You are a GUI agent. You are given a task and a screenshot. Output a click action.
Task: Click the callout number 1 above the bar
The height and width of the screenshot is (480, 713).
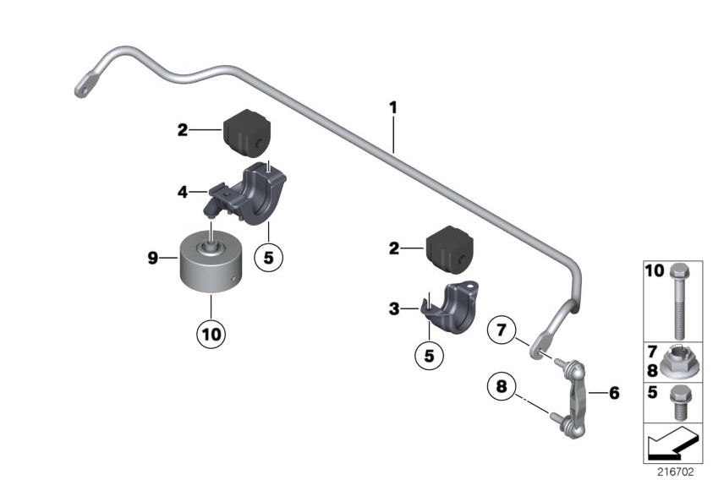[393, 108]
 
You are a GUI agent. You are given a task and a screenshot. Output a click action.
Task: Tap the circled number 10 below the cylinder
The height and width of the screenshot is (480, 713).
[211, 335]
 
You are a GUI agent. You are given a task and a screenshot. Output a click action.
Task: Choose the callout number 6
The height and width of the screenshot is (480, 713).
[614, 394]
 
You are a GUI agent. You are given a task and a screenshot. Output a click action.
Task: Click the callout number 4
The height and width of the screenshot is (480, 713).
[183, 193]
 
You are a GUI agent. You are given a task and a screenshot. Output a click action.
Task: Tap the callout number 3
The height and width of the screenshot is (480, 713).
[394, 310]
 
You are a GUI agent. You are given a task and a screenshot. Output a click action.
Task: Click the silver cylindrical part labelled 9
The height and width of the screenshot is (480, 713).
[208, 264]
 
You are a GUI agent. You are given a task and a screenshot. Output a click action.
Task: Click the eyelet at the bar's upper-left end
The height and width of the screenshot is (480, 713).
[85, 87]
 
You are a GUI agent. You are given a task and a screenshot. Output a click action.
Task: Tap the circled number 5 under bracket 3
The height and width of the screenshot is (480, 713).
[429, 356]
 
